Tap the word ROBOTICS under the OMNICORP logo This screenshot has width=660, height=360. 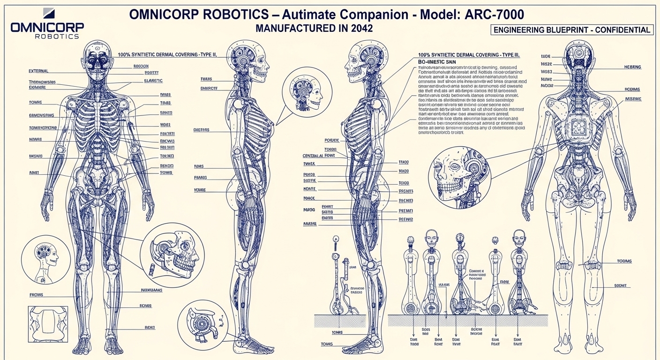[57, 36]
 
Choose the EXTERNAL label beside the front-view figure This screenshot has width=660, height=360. [38, 71]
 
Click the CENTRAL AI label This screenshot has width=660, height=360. [318, 156]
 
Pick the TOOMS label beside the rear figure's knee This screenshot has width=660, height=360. [624, 261]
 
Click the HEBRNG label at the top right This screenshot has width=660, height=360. [632, 67]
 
